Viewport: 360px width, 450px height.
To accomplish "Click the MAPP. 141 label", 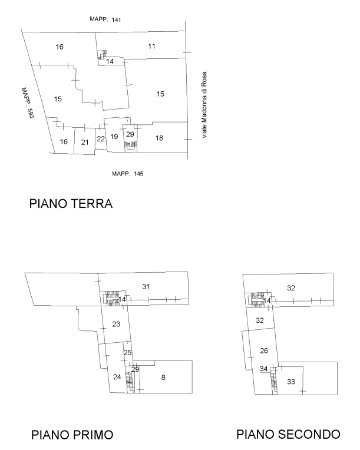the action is click(x=105, y=19).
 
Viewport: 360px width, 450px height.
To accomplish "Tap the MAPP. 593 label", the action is click(x=28, y=103).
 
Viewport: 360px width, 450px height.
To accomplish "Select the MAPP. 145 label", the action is click(x=127, y=174).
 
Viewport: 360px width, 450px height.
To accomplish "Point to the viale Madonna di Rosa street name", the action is click(x=204, y=105).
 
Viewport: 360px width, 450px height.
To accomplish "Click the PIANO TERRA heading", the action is click(x=71, y=204).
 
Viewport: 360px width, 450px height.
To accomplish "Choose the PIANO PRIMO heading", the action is click(x=72, y=435).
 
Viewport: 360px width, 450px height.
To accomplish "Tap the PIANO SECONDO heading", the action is click(x=288, y=435).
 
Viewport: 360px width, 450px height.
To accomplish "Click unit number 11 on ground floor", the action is click(x=151, y=46).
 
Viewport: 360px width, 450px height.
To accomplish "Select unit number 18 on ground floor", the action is click(x=159, y=138).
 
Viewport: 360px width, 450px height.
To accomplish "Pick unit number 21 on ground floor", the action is click(x=85, y=142).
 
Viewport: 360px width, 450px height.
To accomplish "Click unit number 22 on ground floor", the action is click(x=101, y=139).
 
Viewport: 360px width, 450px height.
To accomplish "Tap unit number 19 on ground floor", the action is click(x=114, y=137).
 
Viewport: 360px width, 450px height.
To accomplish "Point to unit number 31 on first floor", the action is click(x=146, y=286).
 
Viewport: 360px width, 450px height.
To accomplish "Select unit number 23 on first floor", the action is click(x=116, y=325).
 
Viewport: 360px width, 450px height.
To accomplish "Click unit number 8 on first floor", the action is click(x=163, y=378).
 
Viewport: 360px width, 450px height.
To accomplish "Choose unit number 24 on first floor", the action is click(x=117, y=377).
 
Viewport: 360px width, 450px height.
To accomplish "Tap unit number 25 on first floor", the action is click(x=127, y=352).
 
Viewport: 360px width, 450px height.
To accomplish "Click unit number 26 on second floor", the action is click(x=264, y=350).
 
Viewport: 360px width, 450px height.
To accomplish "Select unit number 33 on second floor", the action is click(x=291, y=382).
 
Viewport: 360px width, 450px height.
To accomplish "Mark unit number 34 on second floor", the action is click(x=263, y=369).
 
